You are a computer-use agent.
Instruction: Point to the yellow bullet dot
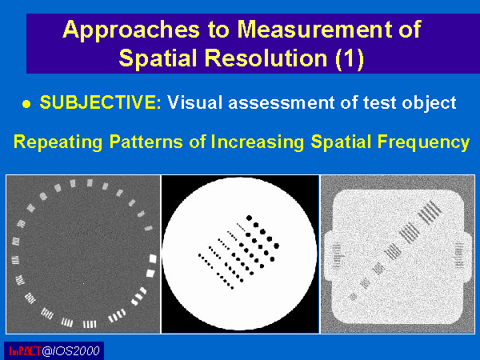coord(26,104)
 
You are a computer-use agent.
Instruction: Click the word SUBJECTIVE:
coord(101,102)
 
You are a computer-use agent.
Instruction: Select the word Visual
coord(194,102)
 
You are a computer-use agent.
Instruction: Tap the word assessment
coord(282,102)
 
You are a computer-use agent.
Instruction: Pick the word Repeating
coord(58,142)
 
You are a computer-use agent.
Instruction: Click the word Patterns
coord(146,142)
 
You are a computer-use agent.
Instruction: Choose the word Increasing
coord(258,142)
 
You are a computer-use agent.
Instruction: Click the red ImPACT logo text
coord(25,351)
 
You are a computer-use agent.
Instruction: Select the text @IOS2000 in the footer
coord(70,351)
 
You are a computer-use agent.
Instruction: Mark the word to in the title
coord(218,30)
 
